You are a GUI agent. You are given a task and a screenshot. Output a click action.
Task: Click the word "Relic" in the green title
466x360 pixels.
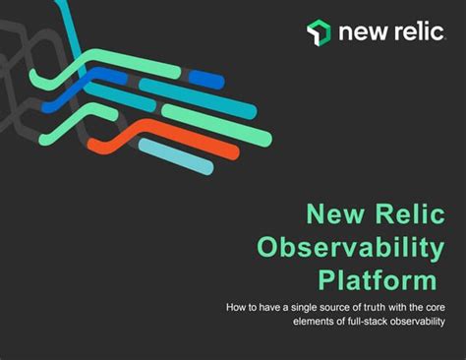pos(405,212)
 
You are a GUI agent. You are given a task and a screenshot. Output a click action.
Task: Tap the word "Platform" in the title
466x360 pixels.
pos(378,280)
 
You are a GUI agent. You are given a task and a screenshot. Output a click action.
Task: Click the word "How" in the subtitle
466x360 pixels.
pos(237,309)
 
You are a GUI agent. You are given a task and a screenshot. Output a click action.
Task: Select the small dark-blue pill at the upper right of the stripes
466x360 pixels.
pos(205,78)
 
